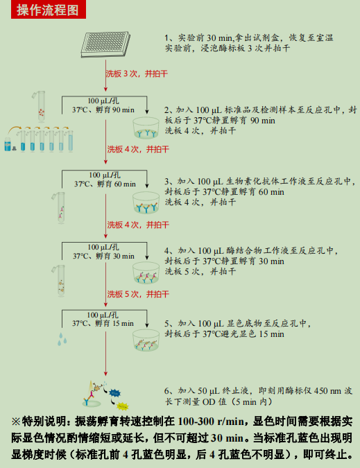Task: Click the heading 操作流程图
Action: (48, 10)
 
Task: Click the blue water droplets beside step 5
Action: (64, 338)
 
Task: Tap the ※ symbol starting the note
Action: (15, 421)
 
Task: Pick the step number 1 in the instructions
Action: (167, 37)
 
